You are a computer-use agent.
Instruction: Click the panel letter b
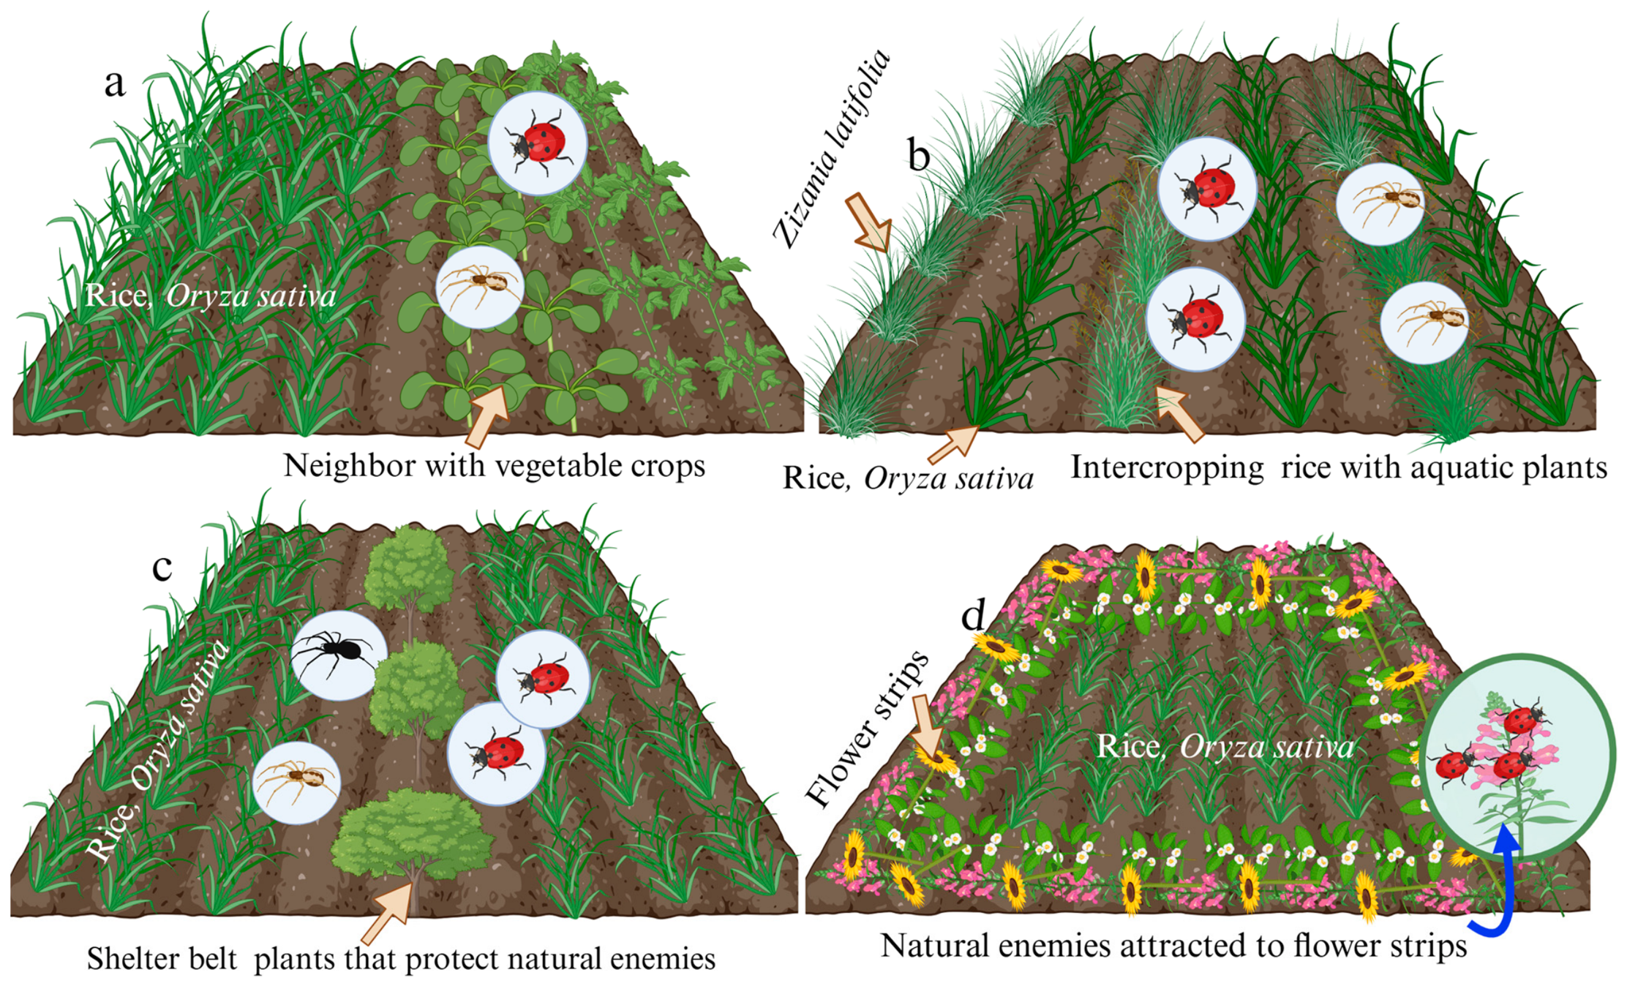[x=919, y=154]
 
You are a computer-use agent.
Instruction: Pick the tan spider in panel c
[x=296, y=781]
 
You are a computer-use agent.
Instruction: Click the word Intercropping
[x=1167, y=468]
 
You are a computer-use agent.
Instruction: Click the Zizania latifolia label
[x=832, y=148]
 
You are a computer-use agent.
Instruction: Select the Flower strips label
[x=866, y=729]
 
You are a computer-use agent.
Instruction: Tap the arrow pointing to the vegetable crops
[x=487, y=415]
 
